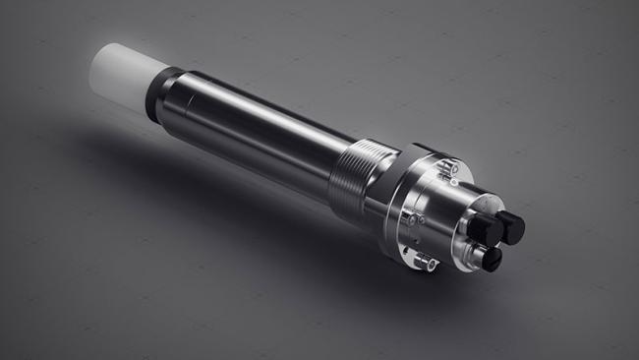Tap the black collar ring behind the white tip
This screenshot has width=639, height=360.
click(x=158, y=91)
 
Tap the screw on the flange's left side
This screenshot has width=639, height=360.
click(x=406, y=218)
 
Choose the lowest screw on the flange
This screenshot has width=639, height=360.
click(x=424, y=260)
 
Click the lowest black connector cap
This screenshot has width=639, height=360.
click(x=490, y=259)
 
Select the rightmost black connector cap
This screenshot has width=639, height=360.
click(x=511, y=227)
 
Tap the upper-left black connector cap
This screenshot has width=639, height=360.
click(x=483, y=229)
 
